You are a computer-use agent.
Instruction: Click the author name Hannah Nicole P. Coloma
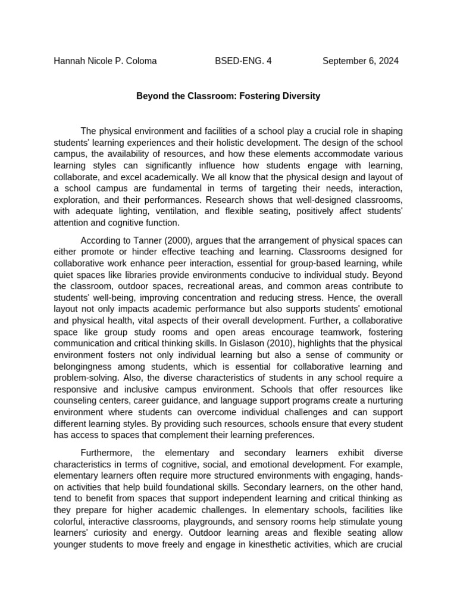pyautogui.click(x=105, y=61)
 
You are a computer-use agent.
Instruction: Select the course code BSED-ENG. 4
pyautogui.click(x=243, y=61)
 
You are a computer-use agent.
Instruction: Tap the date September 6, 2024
pyautogui.click(x=361, y=61)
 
